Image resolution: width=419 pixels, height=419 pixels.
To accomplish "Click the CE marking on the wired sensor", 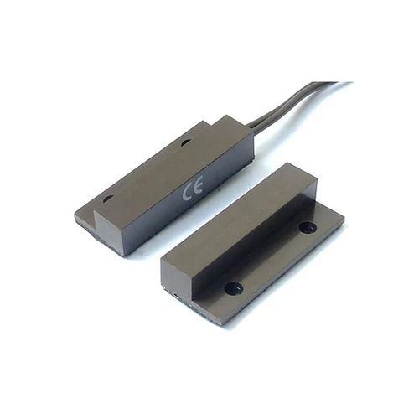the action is pyautogui.click(x=193, y=189).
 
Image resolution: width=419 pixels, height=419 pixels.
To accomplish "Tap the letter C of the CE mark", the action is pyautogui.click(x=187, y=192).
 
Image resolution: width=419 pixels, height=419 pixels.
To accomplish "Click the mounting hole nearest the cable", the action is pyautogui.click(x=185, y=143).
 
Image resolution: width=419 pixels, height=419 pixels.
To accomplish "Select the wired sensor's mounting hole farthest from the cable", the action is pyautogui.click(x=107, y=199).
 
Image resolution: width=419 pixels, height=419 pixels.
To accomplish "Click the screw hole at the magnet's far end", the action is pyautogui.click(x=308, y=227).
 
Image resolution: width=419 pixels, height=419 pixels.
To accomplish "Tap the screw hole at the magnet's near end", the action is pyautogui.click(x=234, y=287).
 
